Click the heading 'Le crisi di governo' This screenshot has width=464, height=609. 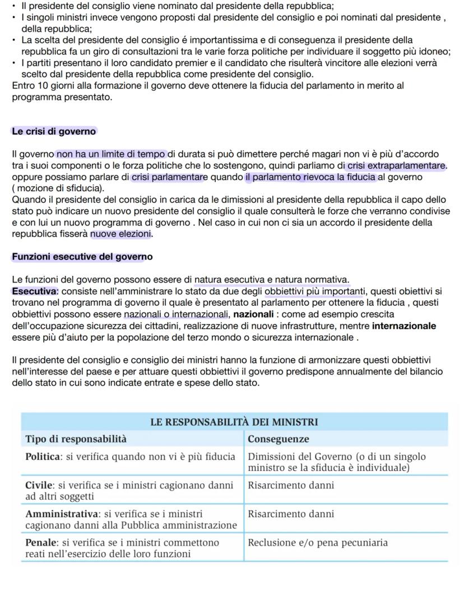point(54,131)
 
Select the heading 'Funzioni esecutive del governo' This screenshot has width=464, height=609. point(82,257)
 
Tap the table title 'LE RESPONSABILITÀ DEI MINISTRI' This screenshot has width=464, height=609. point(234,422)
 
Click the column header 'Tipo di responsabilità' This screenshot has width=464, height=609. point(76,439)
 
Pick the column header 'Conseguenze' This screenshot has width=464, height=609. point(279,439)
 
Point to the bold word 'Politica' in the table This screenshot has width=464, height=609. point(44,456)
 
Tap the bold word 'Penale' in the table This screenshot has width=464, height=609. point(41,542)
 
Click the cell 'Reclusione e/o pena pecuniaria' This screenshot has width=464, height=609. point(317,542)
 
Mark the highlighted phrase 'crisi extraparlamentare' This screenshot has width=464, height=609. point(397,165)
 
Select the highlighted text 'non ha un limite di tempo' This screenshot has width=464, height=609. point(112,154)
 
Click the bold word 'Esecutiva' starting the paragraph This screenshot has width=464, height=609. point(34,291)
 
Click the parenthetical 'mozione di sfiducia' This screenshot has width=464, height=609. point(58,188)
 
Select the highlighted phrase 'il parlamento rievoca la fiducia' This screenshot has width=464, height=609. point(310,177)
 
